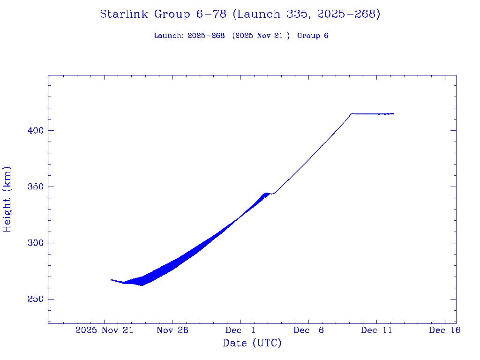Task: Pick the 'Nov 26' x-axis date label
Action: pyautogui.click(x=172, y=330)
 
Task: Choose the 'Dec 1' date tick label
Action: pyautogui.click(x=240, y=330)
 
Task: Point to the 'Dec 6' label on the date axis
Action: pyautogui.click(x=308, y=330)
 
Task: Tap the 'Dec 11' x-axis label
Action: pyautogui.click(x=376, y=330)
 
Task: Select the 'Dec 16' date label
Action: pyautogui.click(x=444, y=330)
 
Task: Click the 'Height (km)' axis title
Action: pyautogui.click(x=7, y=199)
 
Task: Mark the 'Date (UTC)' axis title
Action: pyautogui.click(x=252, y=344)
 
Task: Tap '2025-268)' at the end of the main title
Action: pyautogui.click(x=349, y=15)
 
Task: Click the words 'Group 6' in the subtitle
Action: pyautogui.click(x=313, y=36)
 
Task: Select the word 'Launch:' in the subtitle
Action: pyautogui.click(x=169, y=36)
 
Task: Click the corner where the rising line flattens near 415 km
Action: pyautogui.click(x=352, y=113)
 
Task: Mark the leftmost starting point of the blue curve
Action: pyautogui.click(x=111, y=279)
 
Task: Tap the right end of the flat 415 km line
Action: pyautogui.click(x=394, y=113)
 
